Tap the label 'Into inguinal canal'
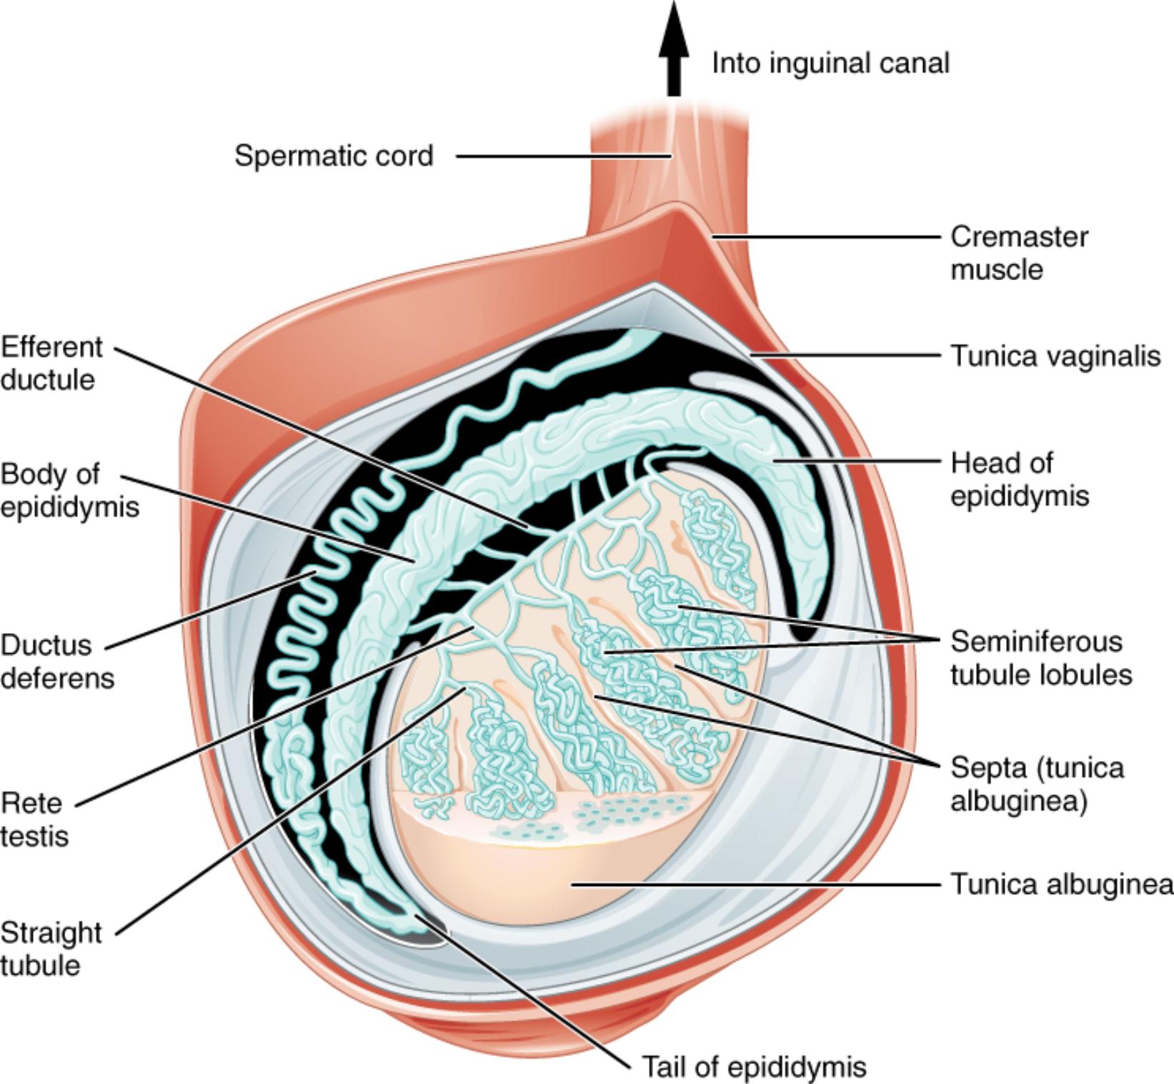tap(830, 64)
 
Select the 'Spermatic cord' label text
tap(334, 156)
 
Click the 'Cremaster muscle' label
tap(1018, 253)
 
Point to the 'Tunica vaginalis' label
tap(1055, 355)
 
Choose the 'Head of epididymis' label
tap(1018, 479)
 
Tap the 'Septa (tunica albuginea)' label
tap(1036, 784)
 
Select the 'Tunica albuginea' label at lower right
tap(1060, 885)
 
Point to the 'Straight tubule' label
tap(50, 948)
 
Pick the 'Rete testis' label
tap(34, 819)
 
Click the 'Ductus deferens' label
tap(57, 661)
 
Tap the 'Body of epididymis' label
tap(69, 490)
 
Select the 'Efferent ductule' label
tap(51, 363)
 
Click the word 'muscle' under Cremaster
tap(996, 270)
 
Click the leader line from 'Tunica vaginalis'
tap(850, 354)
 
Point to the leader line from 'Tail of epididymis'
tap(529, 990)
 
